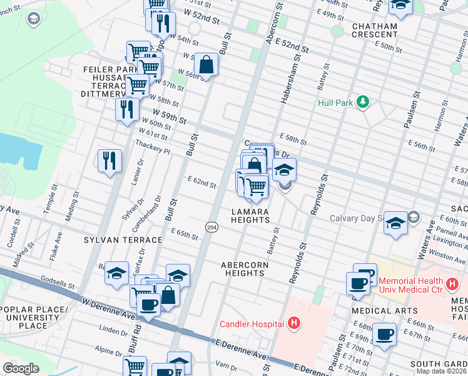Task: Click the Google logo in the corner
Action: click(x=21, y=368)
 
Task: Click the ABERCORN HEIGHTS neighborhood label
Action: click(x=244, y=269)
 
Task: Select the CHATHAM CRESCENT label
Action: click(x=375, y=30)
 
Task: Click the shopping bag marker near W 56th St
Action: click(x=206, y=64)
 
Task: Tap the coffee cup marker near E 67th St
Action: click(x=384, y=333)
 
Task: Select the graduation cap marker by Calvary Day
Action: click(x=395, y=222)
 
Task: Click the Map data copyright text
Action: click(x=441, y=371)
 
